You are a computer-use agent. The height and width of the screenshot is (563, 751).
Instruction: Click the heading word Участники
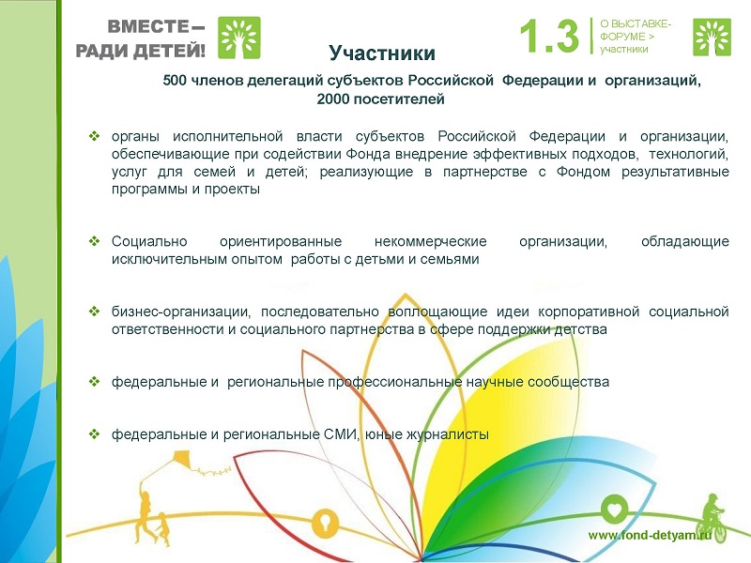[x=382, y=53]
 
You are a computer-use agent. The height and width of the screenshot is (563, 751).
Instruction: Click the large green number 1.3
[x=549, y=36]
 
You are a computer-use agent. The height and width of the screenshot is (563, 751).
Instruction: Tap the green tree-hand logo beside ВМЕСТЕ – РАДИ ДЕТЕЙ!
[x=239, y=38]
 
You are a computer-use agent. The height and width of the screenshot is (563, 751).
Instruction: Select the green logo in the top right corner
[x=712, y=38]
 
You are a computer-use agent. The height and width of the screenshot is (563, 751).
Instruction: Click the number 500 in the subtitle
[x=175, y=80]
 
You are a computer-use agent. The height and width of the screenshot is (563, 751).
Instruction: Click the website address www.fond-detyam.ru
[x=650, y=535]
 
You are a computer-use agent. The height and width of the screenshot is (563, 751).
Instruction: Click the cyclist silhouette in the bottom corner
[x=713, y=520]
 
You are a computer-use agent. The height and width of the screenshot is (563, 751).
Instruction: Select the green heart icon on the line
[x=614, y=510]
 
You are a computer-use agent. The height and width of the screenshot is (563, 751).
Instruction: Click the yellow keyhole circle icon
[x=325, y=523]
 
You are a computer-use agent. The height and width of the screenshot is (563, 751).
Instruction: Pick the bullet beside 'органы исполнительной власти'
[x=95, y=136]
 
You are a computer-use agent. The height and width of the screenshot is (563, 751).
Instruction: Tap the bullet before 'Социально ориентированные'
[x=95, y=241]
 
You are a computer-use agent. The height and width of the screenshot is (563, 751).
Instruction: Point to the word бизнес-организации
[x=181, y=312]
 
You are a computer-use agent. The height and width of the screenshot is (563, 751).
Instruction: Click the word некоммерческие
[x=431, y=241]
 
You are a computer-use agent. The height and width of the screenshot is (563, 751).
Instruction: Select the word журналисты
[x=448, y=434]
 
